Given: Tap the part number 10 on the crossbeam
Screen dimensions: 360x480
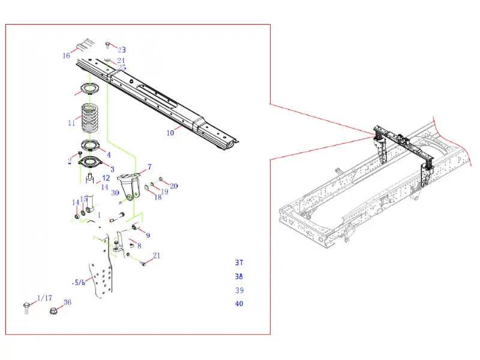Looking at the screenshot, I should click(170, 132).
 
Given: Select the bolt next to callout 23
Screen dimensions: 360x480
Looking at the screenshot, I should click(107, 45).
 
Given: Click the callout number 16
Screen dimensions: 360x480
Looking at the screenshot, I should click(67, 56).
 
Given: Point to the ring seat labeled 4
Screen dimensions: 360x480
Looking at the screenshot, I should click(91, 147).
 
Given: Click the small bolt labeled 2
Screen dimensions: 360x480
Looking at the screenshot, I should click(80, 154).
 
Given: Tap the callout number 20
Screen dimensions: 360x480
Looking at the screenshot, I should click(174, 186).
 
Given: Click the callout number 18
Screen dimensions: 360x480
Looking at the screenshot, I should click(158, 197).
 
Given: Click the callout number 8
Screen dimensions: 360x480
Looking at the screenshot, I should click(139, 245).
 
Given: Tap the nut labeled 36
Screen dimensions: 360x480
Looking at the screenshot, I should click(53, 311).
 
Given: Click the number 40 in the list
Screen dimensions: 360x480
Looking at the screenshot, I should click(239, 304).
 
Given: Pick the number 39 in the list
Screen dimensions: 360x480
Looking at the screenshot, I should click(239, 290).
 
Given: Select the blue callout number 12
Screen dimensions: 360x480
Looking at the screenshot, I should click(106, 178).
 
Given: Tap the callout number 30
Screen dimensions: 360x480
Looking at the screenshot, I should click(115, 193).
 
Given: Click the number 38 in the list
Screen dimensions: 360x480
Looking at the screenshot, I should click(239, 277).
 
